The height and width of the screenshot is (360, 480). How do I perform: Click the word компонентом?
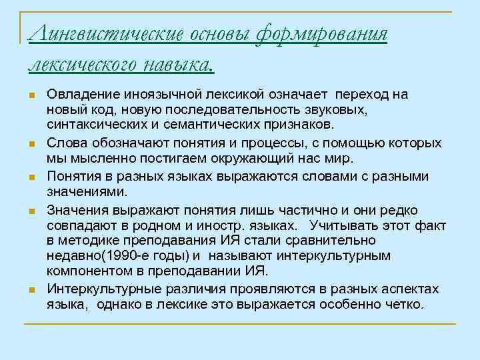click(87, 272)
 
